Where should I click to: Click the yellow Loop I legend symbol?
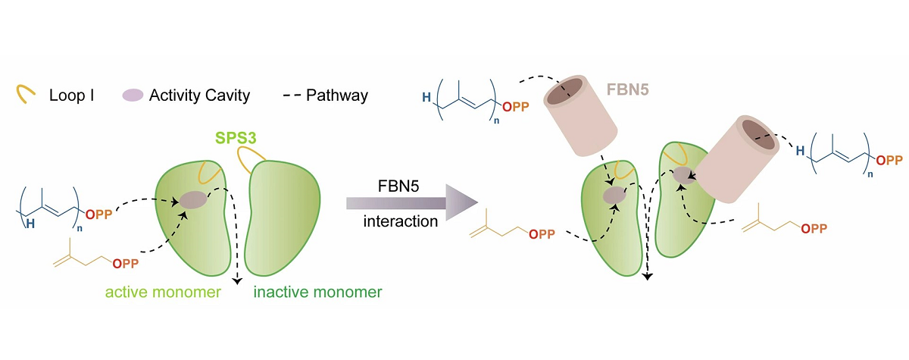pos(26,94)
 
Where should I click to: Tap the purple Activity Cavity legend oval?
pos(133,95)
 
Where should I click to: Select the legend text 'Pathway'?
pos(337,95)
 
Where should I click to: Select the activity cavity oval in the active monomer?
pos(192,200)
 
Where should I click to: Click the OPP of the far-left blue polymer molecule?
pos(99,215)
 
